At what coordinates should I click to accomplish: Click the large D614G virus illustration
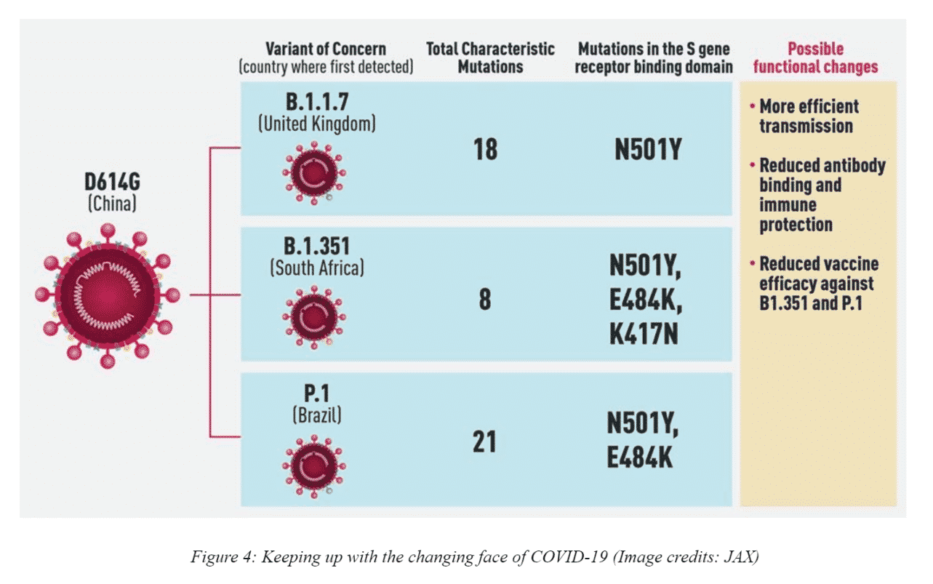pos(107,295)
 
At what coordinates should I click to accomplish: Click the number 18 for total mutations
pos(485,150)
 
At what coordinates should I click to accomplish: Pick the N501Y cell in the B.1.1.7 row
pos(647,150)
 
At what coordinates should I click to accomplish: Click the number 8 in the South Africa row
pos(485,300)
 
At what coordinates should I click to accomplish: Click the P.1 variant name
pos(316,393)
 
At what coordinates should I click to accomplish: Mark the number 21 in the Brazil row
pos(485,441)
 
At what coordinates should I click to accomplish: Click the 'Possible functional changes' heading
pos(815,58)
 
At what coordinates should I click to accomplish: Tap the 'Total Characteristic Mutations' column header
pos(490,58)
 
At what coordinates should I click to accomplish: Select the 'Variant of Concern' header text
pos(326,49)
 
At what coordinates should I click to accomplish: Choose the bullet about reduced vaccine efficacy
pos(816,284)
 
